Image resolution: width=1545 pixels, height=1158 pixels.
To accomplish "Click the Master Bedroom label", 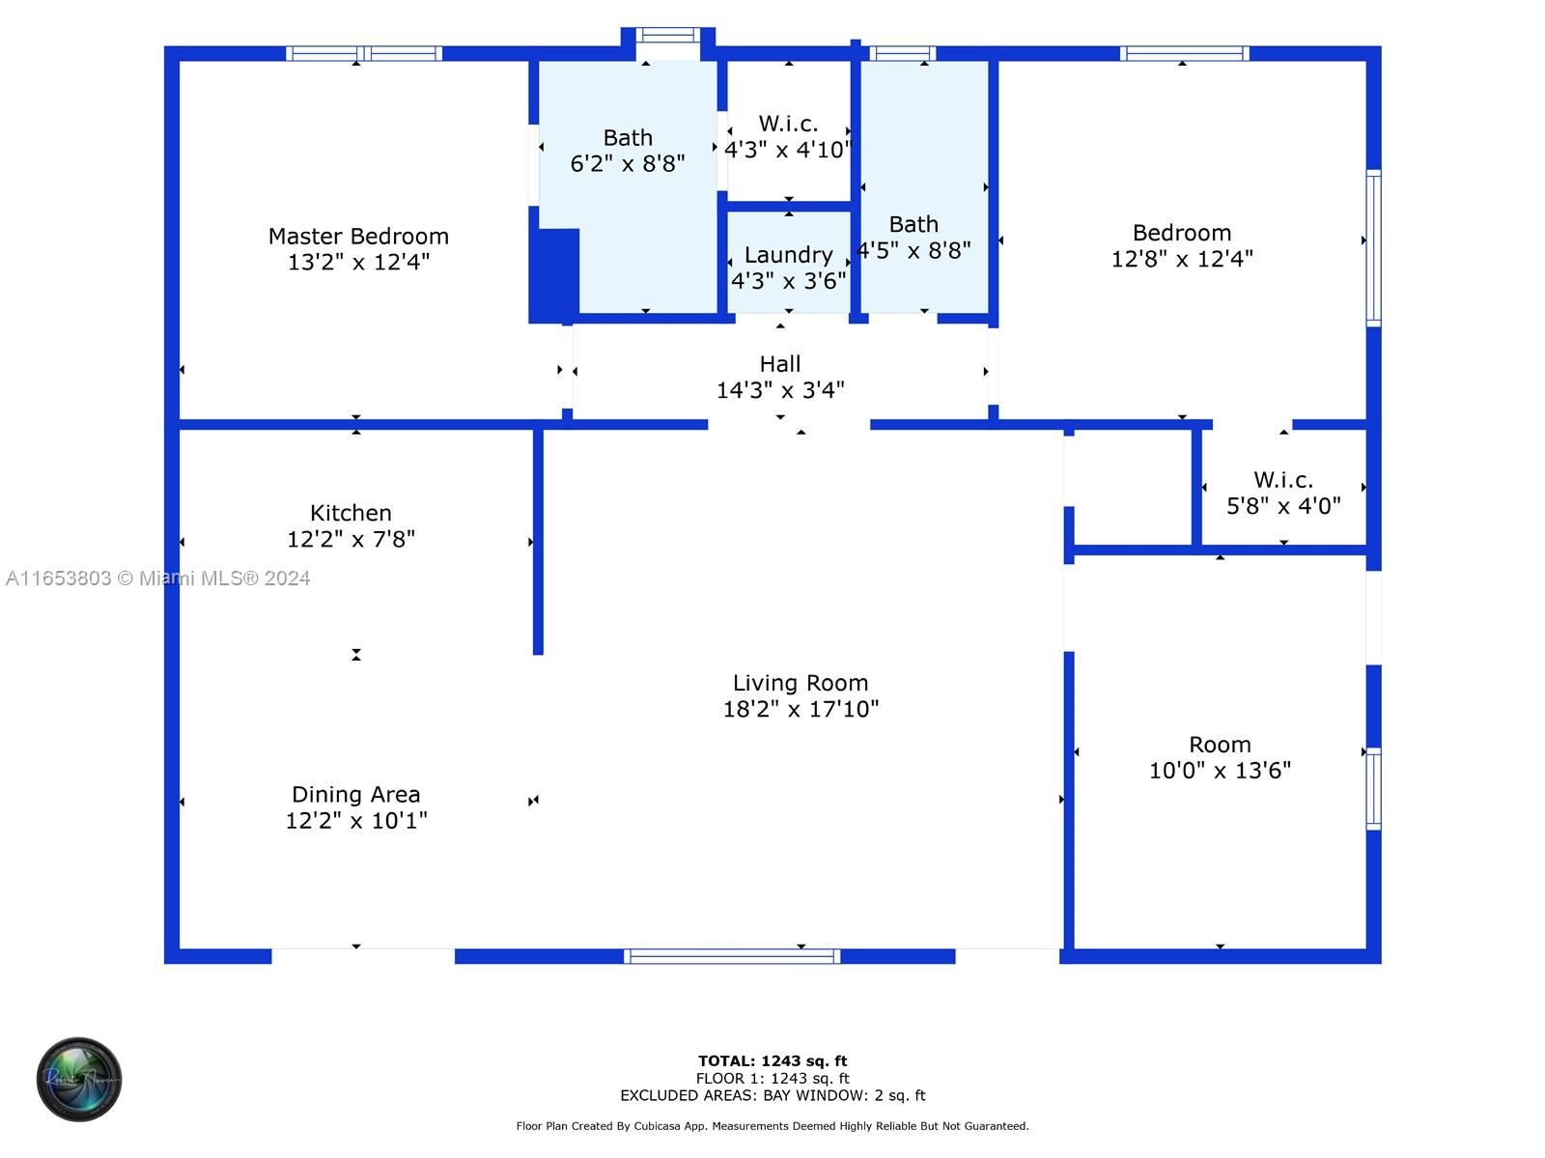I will click(x=358, y=237).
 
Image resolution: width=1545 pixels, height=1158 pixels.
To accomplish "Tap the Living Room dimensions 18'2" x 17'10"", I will click(x=801, y=709).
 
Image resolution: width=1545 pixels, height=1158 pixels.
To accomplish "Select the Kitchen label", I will click(x=351, y=513).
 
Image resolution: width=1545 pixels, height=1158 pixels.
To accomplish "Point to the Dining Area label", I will click(x=355, y=795).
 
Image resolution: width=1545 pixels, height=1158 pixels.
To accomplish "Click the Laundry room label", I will click(x=788, y=255).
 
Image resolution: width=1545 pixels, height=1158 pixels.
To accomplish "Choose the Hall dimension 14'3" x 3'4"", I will click(x=780, y=390).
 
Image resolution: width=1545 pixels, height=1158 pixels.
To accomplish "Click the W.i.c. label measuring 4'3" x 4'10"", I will click(x=788, y=124).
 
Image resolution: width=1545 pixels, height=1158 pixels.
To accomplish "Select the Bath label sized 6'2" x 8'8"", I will click(x=628, y=138).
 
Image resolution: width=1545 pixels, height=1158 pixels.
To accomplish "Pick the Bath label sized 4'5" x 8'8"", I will click(x=913, y=224).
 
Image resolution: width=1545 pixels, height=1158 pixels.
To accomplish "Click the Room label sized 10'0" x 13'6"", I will click(x=1220, y=745).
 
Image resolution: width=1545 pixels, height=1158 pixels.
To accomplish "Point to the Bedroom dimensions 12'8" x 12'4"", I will click(x=1182, y=259).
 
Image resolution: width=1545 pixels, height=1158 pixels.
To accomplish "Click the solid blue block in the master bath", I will click(x=555, y=274).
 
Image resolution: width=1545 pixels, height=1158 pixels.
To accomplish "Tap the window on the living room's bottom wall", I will click(x=732, y=956).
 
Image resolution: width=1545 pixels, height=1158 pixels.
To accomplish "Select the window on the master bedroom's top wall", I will click(x=364, y=54).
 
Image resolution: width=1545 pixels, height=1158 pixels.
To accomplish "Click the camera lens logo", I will click(x=79, y=1079).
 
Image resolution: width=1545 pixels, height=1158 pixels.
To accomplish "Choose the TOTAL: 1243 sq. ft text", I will click(x=772, y=1060).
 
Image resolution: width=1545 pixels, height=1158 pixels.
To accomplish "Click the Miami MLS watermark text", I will click(x=157, y=579).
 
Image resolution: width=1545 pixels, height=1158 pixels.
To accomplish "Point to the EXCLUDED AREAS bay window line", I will click(x=772, y=1095).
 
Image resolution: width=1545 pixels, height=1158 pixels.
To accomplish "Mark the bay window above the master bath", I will click(x=668, y=36).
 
